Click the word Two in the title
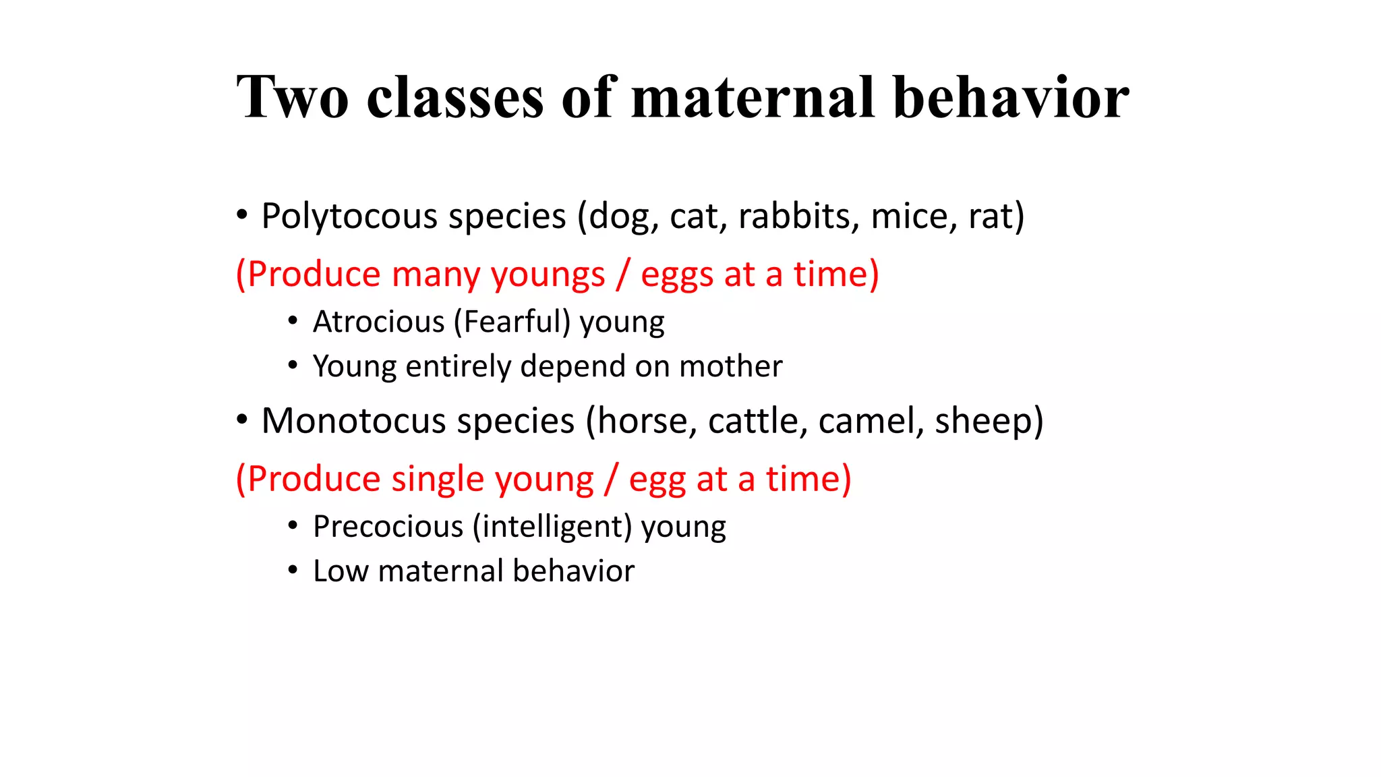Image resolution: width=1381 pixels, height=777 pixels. [x=292, y=98]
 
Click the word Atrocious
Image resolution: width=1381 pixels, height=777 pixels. [x=378, y=322]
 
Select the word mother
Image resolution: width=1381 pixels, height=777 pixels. [x=730, y=366]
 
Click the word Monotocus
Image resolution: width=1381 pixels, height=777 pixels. [x=353, y=421]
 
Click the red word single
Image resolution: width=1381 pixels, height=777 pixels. [x=437, y=480]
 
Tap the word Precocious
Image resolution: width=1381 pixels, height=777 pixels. [x=388, y=527]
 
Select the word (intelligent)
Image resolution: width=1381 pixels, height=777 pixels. [x=552, y=527]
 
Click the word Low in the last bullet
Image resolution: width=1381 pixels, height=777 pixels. [x=340, y=571]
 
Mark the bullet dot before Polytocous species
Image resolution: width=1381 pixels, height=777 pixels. [x=241, y=216]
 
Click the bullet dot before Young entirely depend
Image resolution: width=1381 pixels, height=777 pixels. [x=292, y=366]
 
